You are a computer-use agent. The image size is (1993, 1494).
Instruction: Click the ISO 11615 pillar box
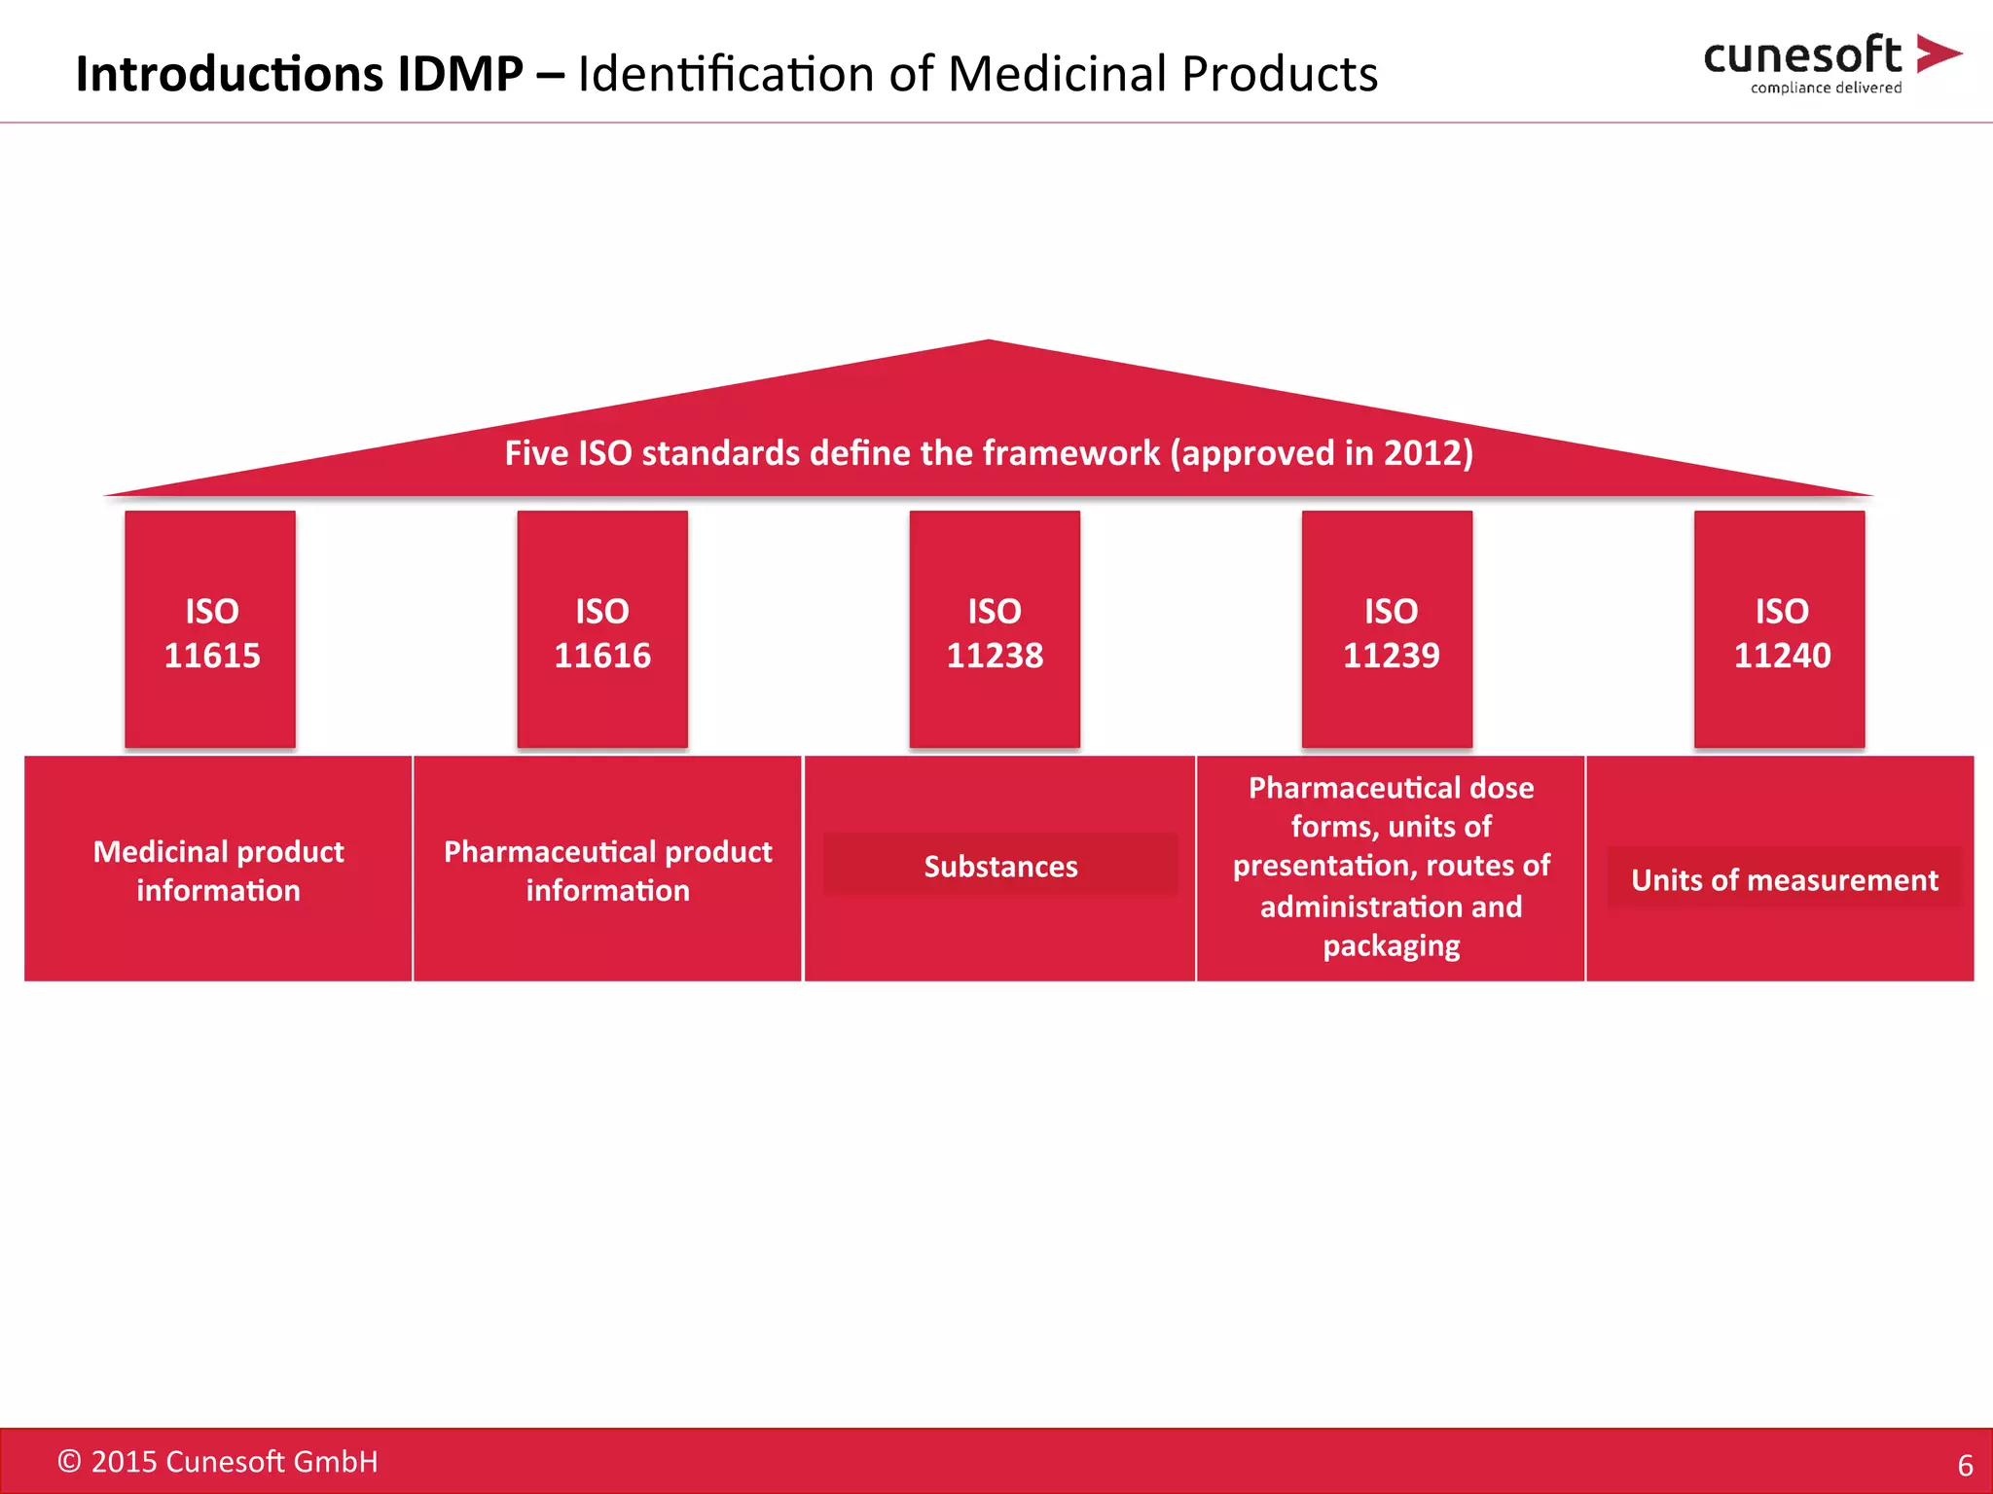point(210,630)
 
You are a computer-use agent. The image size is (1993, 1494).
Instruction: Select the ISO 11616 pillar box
point(602,630)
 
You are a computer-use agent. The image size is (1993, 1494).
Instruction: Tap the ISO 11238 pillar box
point(995,630)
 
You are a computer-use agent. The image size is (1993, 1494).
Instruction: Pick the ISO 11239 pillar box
point(1387,630)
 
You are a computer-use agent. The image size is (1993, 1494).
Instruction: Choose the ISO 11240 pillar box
point(1779,630)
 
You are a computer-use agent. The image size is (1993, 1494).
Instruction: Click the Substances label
point(1000,866)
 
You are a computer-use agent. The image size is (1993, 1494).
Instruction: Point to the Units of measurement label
point(1784,879)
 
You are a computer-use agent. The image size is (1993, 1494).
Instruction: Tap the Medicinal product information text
point(218,871)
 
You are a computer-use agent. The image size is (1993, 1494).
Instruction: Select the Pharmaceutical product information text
point(607,871)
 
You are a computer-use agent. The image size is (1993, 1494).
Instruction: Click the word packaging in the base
point(1391,945)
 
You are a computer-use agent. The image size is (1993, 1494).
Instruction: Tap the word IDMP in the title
point(460,74)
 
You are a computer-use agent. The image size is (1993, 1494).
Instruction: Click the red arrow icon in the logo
point(1937,53)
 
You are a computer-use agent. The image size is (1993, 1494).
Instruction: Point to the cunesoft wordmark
point(1802,56)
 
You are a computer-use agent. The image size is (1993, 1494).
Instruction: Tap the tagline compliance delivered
point(1826,88)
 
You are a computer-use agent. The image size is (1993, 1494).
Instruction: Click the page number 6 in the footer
point(1965,1465)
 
